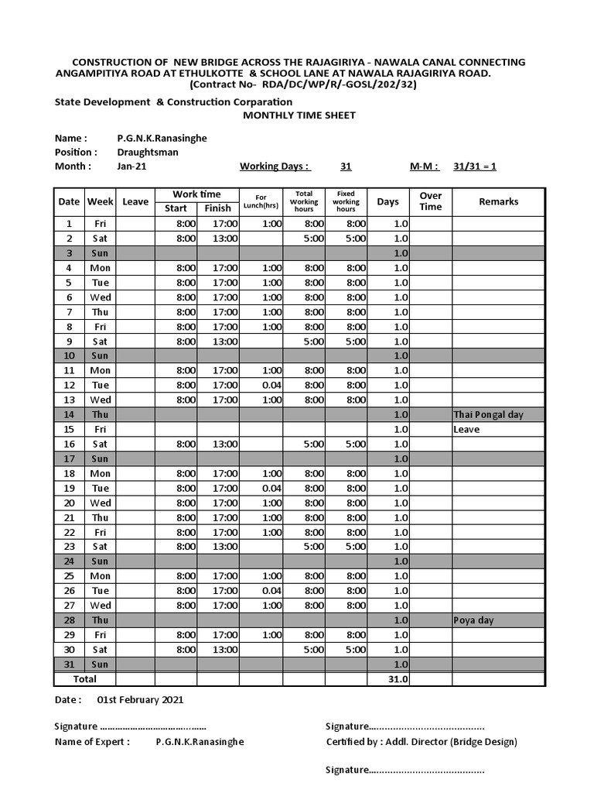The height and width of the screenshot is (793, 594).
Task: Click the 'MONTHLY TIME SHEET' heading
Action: tap(299, 115)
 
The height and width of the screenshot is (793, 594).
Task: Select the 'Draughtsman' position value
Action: tap(148, 152)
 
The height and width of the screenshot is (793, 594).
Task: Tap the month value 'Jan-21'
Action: tap(131, 166)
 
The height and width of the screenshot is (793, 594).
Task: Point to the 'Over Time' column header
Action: tap(430, 201)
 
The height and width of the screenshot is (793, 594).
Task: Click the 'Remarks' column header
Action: tap(498, 201)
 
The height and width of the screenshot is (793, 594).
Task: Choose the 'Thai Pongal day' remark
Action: tap(488, 414)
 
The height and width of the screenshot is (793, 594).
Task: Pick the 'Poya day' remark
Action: tap(473, 620)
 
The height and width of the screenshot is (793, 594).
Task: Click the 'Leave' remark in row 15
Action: tap(466, 429)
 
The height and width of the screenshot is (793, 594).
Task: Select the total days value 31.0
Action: tap(398, 679)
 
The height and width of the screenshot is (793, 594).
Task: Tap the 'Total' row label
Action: tap(84, 679)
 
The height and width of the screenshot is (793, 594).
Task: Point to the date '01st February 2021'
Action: tap(140, 699)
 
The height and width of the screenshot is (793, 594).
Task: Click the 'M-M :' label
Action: tap(425, 166)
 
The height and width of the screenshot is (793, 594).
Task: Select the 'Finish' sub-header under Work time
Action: tap(217, 208)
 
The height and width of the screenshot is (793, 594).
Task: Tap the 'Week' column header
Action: tap(100, 201)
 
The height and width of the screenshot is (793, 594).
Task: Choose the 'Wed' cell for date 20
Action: tap(101, 503)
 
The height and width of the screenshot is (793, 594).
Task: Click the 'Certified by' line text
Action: tap(422, 741)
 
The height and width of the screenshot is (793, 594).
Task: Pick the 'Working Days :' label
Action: tap(275, 166)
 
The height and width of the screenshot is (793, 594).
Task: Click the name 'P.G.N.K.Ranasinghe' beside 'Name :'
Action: tap(162, 138)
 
